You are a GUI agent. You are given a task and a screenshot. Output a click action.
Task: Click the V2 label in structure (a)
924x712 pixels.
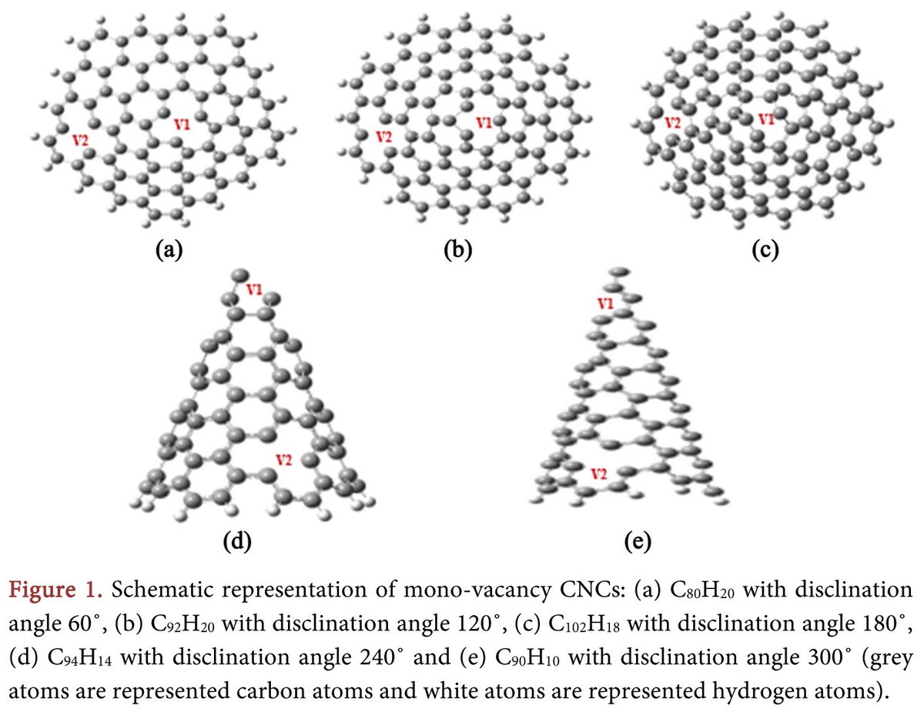(x=79, y=139)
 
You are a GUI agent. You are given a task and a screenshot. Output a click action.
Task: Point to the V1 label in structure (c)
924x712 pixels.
(x=765, y=119)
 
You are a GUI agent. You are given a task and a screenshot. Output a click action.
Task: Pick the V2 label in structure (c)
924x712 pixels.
(x=672, y=122)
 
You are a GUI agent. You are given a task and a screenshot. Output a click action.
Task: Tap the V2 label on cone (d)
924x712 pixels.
(x=283, y=460)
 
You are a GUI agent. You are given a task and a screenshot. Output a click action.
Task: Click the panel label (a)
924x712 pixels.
(x=168, y=249)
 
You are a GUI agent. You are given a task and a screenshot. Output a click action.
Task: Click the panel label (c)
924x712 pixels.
(x=765, y=249)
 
